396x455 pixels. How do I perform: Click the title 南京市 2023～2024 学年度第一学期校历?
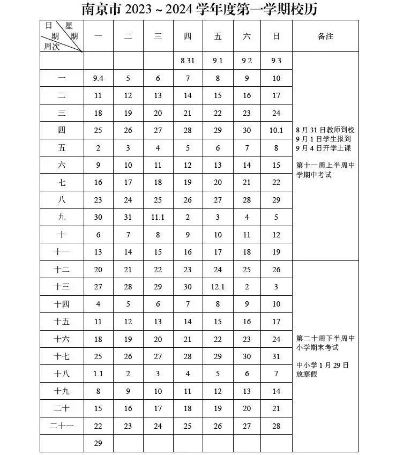pyautogui.click(x=198, y=9)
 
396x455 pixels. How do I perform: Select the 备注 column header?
pyautogui.click(x=325, y=36)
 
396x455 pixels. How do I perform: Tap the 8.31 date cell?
pyautogui.click(x=188, y=61)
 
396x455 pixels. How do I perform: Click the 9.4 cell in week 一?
pyautogui.click(x=98, y=78)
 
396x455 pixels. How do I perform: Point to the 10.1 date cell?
pyautogui.click(x=277, y=130)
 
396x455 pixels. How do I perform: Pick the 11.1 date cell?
pyautogui.click(x=158, y=218)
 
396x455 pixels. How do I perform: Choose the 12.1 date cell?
pyautogui.click(x=218, y=287)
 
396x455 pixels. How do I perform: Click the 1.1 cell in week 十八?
pyautogui.click(x=98, y=374)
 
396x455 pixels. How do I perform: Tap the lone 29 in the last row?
pyautogui.click(x=98, y=443)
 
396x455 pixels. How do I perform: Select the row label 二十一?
pyautogui.click(x=62, y=426)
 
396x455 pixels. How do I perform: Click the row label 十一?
pyautogui.click(x=62, y=252)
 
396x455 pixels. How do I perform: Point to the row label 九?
pyautogui.click(x=62, y=218)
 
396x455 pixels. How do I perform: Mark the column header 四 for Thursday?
pyautogui.click(x=188, y=36)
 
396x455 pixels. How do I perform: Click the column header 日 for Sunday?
pyautogui.click(x=277, y=36)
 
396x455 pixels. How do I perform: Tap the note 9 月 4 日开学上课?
pyautogui.click(x=325, y=148)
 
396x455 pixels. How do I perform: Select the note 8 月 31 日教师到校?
pyautogui.click(x=325, y=130)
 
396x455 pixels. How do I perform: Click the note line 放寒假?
pyautogui.click(x=307, y=374)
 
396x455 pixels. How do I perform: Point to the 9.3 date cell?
pyautogui.click(x=277, y=61)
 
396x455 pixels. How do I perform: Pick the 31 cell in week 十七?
pyautogui.click(x=277, y=356)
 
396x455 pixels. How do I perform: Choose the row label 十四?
pyautogui.click(x=62, y=304)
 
